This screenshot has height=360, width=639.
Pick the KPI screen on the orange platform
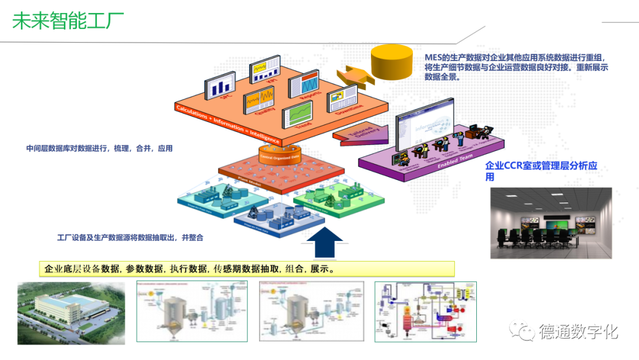point(265,69)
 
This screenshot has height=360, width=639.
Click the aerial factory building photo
point(71,313)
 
